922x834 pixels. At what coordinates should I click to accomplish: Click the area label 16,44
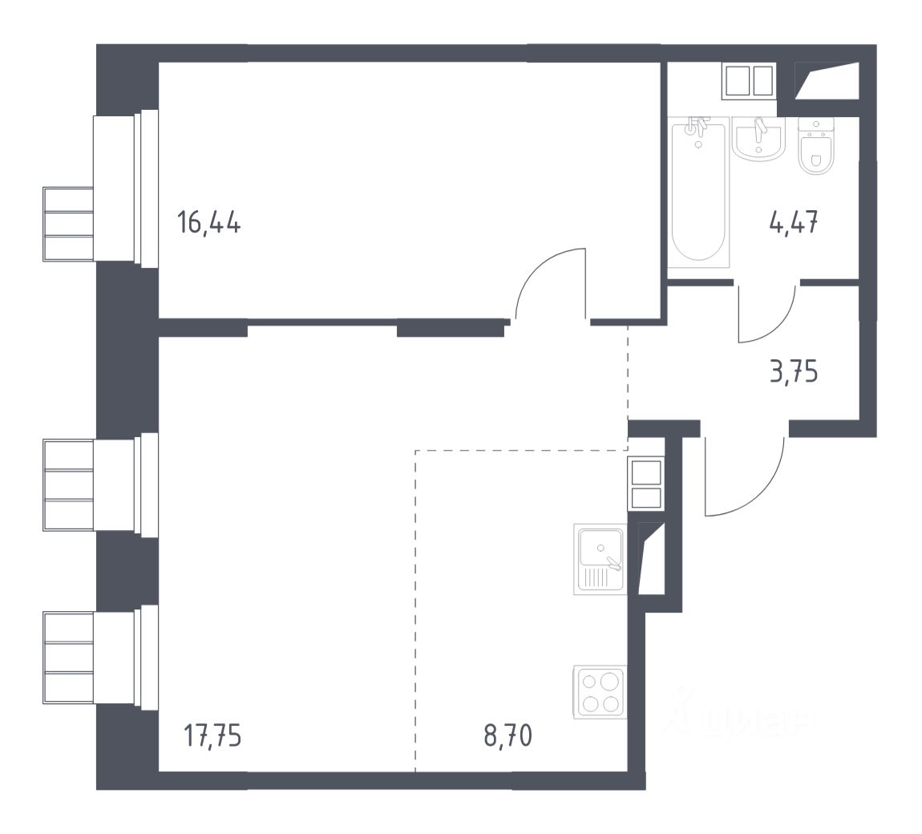(x=209, y=222)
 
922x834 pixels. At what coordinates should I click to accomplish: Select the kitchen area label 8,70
(x=508, y=735)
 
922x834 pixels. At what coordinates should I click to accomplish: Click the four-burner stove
(x=600, y=692)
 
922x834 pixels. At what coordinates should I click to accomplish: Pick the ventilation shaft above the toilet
(x=826, y=80)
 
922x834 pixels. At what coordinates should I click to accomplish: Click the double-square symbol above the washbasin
(x=750, y=81)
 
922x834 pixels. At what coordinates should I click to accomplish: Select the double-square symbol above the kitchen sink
(x=646, y=484)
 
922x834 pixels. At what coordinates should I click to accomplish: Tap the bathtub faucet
(x=699, y=127)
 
